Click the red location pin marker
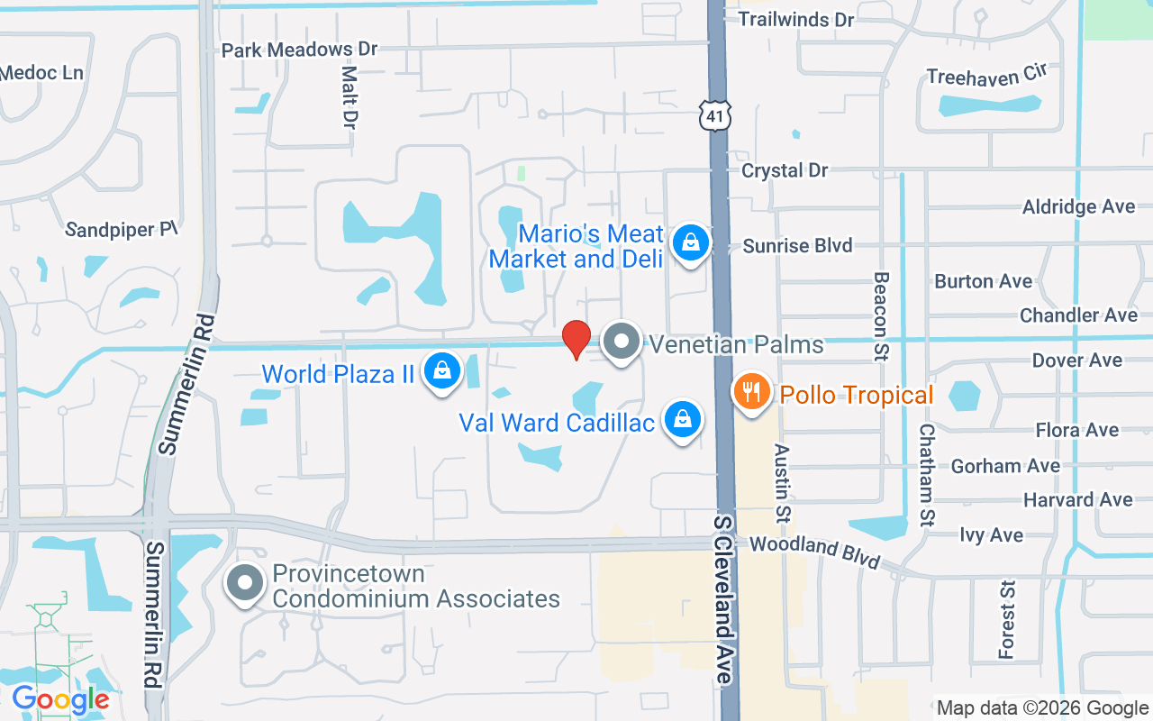point(576,339)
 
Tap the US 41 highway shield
point(714,114)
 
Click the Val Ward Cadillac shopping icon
point(684,420)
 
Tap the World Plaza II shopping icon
point(442,370)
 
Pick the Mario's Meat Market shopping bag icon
point(690,242)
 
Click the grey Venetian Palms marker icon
point(621,342)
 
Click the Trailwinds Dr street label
point(795,19)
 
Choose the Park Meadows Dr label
point(300,50)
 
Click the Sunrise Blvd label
point(797,245)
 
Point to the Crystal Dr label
point(785,170)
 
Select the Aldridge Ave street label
point(1078,207)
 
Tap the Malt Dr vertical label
point(350,96)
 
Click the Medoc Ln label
point(41,72)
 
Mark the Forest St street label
point(1007,619)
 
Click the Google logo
point(60,698)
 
